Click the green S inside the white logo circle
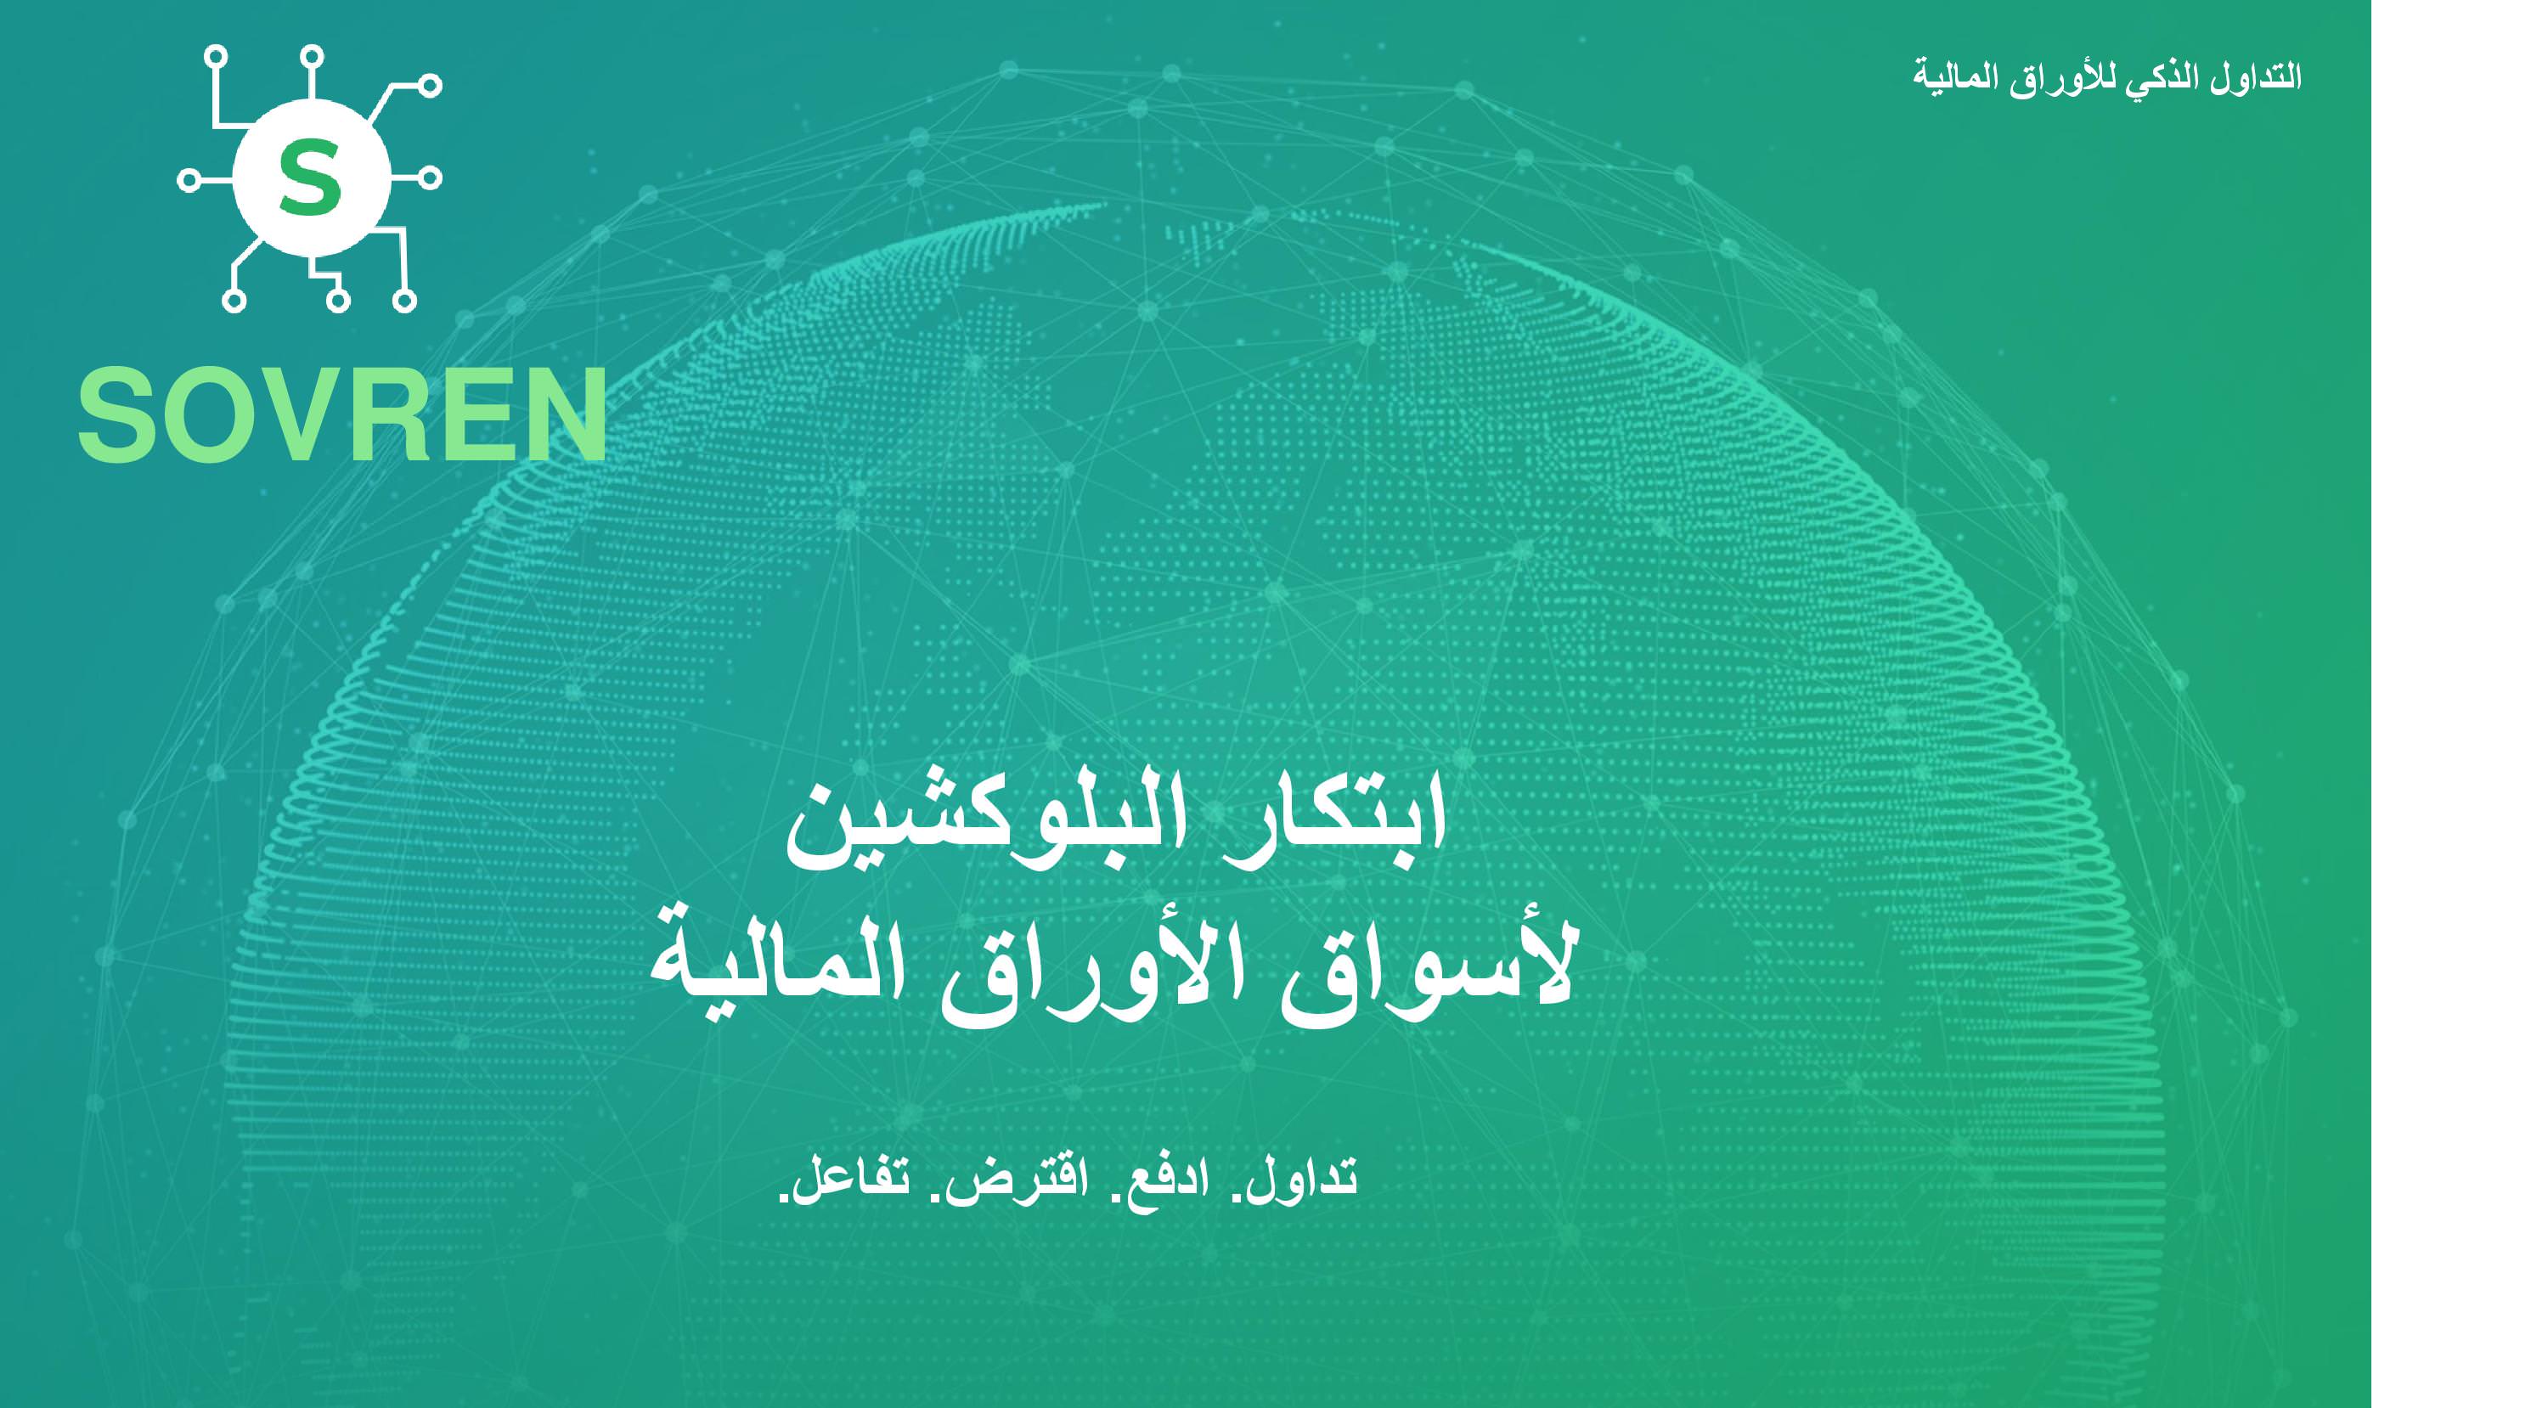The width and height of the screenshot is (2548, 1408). [x=311, y=179]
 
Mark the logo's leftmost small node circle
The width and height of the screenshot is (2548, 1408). [x=189, y=180]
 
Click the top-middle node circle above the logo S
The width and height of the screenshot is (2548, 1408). [x=312, y=56]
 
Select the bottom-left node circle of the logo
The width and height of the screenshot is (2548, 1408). [x=234, y=301]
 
